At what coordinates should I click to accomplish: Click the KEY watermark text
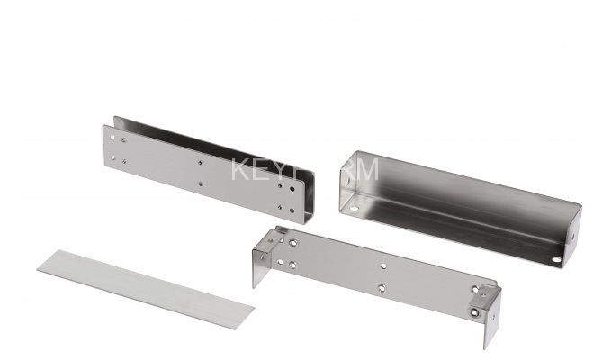point(256,170)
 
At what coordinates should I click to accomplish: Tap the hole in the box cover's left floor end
point(354,208)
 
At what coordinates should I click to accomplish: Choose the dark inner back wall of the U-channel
point(216,144)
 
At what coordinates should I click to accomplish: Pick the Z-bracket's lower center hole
point(381,288)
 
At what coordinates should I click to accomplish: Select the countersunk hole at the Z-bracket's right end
point(474,314)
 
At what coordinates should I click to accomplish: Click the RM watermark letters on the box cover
point(360,170)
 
